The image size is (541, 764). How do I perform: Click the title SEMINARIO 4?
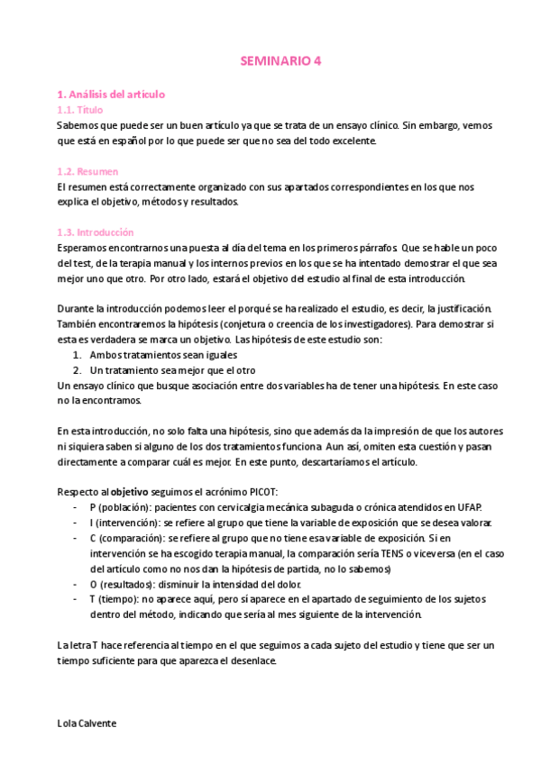click(x=280, y=61)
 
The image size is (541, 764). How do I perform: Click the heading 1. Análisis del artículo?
click(x=110, y=94)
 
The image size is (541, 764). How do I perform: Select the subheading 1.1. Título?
click(x=79, y=109)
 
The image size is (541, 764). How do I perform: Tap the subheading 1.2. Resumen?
click(x=87, y=171)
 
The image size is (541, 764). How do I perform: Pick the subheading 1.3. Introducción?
click(x=95, y=232)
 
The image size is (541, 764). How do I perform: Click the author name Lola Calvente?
click(x=87, y=723)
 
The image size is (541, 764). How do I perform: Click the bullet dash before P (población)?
click(x=73, y=507)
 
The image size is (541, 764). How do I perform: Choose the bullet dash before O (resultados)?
click(x=73, y=584)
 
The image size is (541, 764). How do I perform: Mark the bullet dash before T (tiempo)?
click(x=73, y=599)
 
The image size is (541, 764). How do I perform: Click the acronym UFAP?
click(x=469, y=507)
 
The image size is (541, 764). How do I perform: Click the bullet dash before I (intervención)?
click(x=73, y=523)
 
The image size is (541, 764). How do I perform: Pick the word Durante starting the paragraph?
click(x=74, y=308)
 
